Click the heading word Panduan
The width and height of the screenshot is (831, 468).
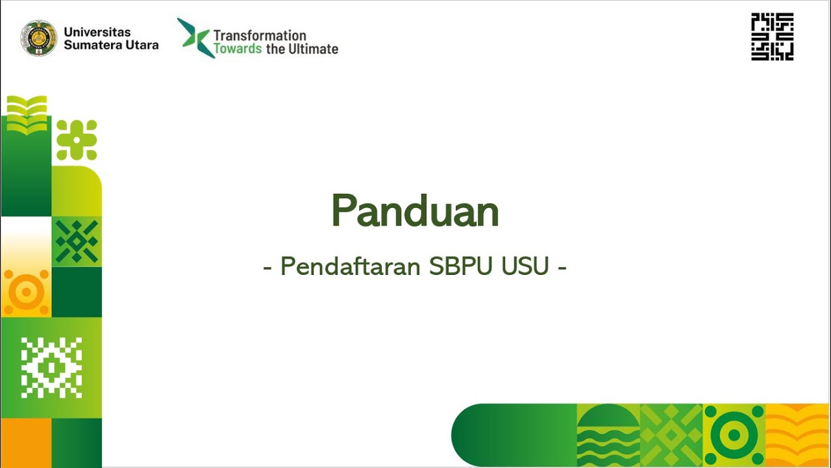[415, 211]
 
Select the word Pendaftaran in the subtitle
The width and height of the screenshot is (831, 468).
[351, 266]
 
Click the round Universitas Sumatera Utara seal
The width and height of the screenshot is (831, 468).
[39, 38]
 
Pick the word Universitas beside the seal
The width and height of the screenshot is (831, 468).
[97, 32]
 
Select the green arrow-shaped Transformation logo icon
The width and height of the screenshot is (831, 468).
[194, 38]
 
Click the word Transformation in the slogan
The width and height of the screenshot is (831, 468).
[260, 35]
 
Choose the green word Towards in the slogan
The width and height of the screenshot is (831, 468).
[238, 49]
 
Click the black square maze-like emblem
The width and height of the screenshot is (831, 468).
[772, 37]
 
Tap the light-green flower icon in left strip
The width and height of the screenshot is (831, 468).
[77, 140]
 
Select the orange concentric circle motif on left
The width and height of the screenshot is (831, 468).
[26, 292]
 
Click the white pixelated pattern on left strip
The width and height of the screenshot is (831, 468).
[51, 367]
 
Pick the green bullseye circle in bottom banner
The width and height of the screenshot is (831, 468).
[734, 435]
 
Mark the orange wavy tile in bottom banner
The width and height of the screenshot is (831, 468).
[797, 435]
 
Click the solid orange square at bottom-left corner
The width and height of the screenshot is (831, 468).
[26, 443]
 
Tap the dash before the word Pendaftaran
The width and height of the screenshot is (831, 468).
[267, 268]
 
